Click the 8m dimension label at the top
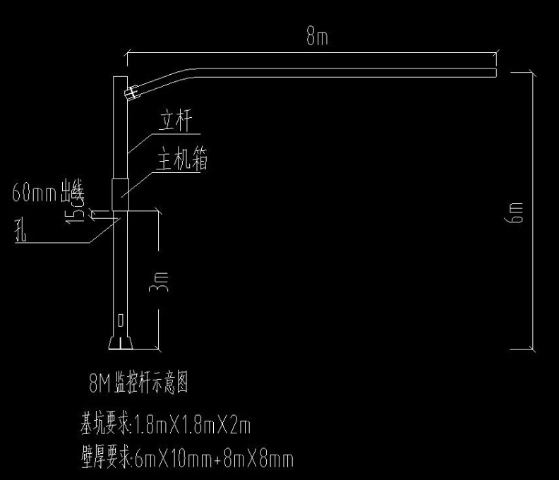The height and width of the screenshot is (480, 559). tap(316, 38)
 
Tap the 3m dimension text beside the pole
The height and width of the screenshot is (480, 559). tap(162, 282)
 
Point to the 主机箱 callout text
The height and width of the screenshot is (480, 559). tap(182, 162)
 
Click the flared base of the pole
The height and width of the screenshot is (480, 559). tap(121, 343)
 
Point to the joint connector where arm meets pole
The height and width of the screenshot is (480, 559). tap(131, 92)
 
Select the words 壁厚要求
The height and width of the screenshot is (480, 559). tap(102, 460)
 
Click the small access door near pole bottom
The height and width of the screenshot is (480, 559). tap(120, 320)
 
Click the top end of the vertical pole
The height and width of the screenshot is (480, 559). tap(120, 78)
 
